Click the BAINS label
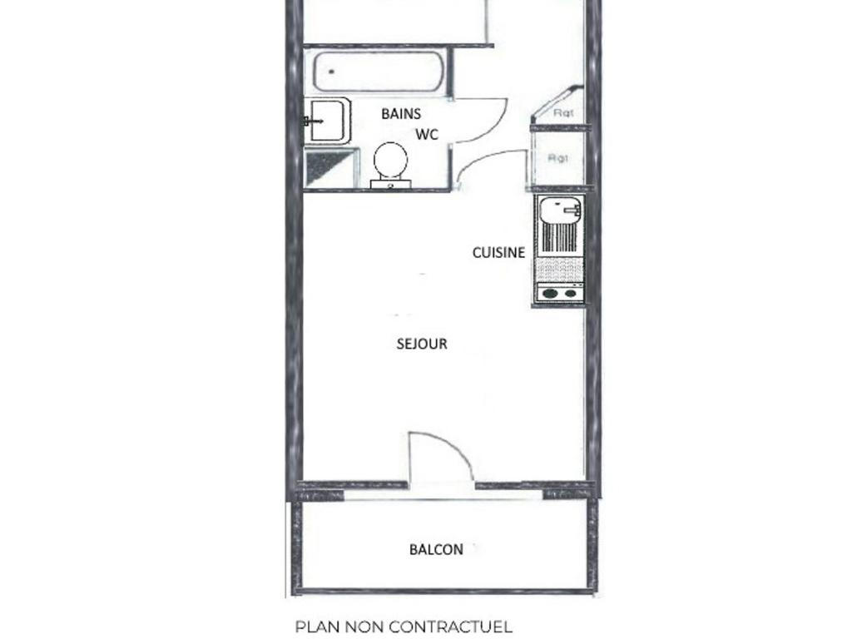(401, 113)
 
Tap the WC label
(427, 134)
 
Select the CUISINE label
(499, 253)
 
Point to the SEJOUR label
(422, 344)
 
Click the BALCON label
(436, 550)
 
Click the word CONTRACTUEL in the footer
(451, 627)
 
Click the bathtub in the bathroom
(379, 72)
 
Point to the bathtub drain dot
(330, 72)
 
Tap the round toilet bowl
(391, 160)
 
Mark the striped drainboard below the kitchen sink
(560, 238)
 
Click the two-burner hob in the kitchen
(560, 294)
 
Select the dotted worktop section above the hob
(560, 269)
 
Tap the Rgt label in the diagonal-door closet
(563, 113)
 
